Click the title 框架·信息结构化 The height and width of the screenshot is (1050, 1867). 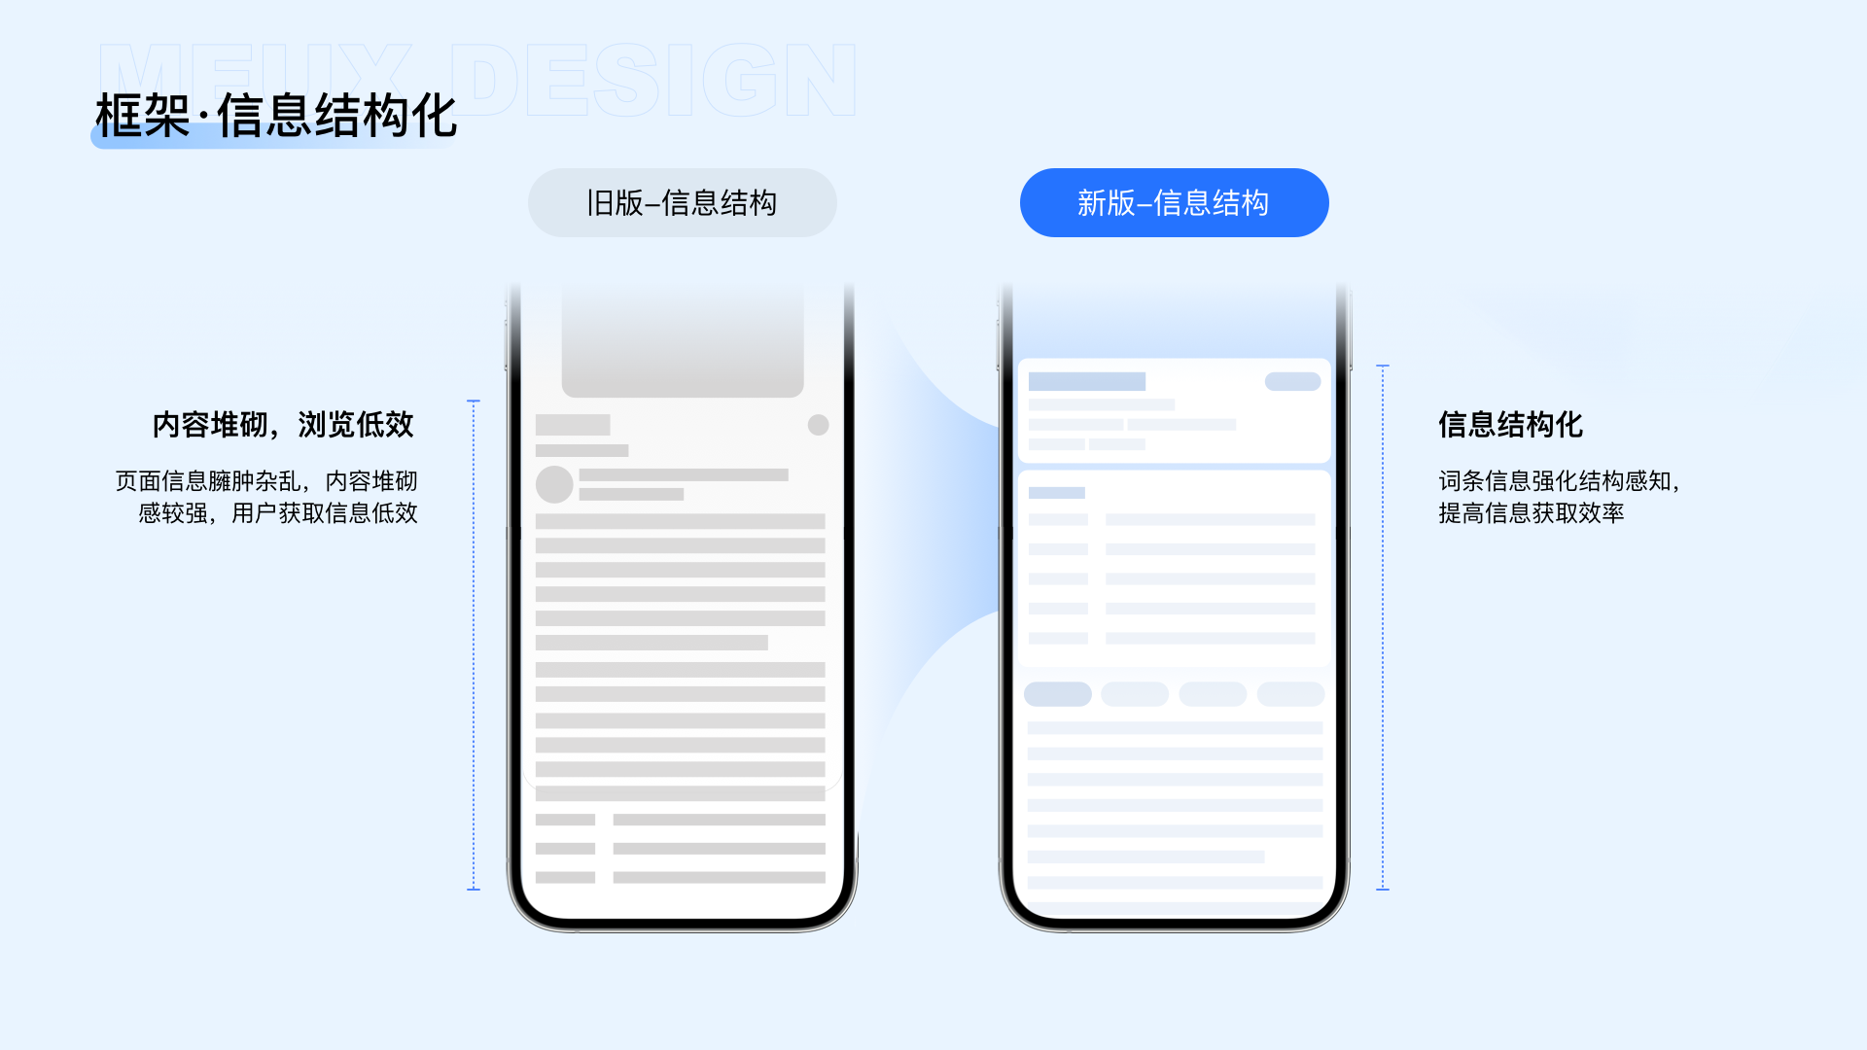click(x=276, y=117)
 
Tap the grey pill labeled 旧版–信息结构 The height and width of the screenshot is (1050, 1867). click(x=682, y=203)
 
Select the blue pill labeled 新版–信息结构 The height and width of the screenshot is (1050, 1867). click(x=1174, y=203)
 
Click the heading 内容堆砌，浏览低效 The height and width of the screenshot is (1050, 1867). click(x=283, y=425)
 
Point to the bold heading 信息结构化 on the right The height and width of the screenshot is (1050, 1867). click(x=1510, y=425)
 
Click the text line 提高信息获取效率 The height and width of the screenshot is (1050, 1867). click(x=1532, y=513)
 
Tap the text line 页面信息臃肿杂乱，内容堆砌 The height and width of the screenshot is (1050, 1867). click(x=266, y=481)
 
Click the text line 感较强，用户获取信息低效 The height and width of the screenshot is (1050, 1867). click(x=278, y=513)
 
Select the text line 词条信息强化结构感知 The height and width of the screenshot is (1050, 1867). click(x=1559, y=481)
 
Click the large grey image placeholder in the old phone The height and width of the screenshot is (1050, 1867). click(x=683, y=340)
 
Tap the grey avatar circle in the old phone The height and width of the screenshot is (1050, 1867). click(x=554, y=484)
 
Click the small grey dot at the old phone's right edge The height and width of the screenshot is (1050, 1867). click(x=819, y=425)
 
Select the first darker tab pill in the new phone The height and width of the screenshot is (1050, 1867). click(x=1058, y=694)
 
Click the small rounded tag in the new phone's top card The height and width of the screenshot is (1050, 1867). click(x=1292, y=382)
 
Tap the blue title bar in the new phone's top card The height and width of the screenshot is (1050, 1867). click(x=1087, y=382)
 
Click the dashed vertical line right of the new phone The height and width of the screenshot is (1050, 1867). click(x=1383, y=627)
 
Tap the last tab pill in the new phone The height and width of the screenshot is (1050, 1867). click(x=1290, y=694)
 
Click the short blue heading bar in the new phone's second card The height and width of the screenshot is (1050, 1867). click(x=1056, y=493)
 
